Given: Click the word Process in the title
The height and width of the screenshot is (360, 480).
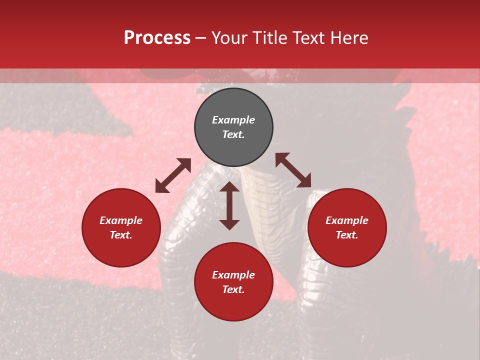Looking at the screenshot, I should pos(157,38).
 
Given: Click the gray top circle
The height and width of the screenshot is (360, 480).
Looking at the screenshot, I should pos(233,127).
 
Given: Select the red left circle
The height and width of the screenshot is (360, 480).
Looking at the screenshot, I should pos(121,227).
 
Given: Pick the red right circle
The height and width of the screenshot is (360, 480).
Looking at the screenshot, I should pos(347,227).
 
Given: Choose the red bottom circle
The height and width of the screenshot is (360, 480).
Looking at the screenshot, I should pos(233,282).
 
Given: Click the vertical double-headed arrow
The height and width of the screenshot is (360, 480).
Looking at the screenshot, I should pos(229,205).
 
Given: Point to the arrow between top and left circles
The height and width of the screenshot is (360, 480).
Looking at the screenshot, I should pos(173,175).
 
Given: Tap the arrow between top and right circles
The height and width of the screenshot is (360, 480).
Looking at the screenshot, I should pos(293,170).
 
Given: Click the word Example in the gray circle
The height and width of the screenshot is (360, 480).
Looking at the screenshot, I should pos(233,120).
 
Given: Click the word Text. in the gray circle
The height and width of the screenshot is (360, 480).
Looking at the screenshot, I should pos(233,134).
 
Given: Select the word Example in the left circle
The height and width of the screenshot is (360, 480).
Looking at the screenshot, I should pos(121,220).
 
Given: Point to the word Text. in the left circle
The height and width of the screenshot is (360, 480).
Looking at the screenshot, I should pos(121,235).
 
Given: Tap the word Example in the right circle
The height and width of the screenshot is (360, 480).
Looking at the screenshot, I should pos(347,220).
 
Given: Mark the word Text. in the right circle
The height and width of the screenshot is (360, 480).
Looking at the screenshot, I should pos(347,235).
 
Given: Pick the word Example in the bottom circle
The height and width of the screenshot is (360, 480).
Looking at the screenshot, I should pos(233,275).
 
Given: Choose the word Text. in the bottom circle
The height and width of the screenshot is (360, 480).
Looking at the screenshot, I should pos(233,289).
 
